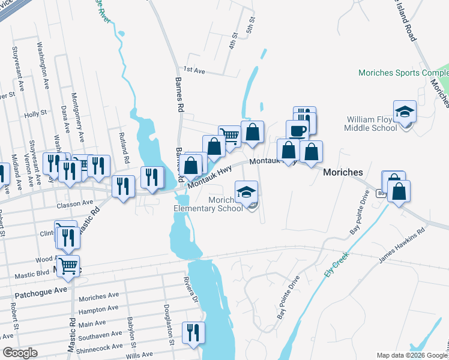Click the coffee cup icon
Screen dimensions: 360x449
(297, 131)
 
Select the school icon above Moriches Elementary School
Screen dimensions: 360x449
(246, 192)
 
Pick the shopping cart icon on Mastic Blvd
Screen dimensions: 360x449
(69, 266)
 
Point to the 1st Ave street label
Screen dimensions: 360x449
(194, 71)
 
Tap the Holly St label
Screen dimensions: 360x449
(35, 114)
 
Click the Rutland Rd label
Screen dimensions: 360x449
(126, 153)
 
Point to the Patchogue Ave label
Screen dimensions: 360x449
(41, 289)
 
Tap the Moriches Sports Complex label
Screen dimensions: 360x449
(403, 73)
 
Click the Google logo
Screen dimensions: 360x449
(20, 353)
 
